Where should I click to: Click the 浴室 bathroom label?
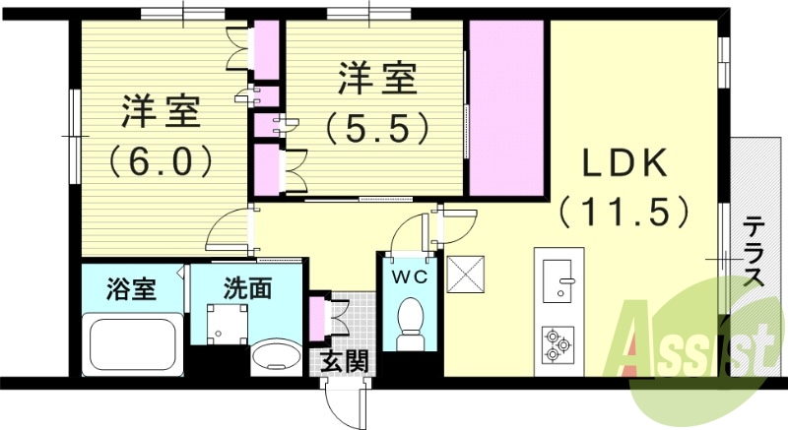tap(131, 289)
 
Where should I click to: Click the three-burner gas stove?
tap(557, 344)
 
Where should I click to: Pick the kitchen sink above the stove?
tap(558, 280)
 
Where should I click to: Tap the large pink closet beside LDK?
tap(507, 108)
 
